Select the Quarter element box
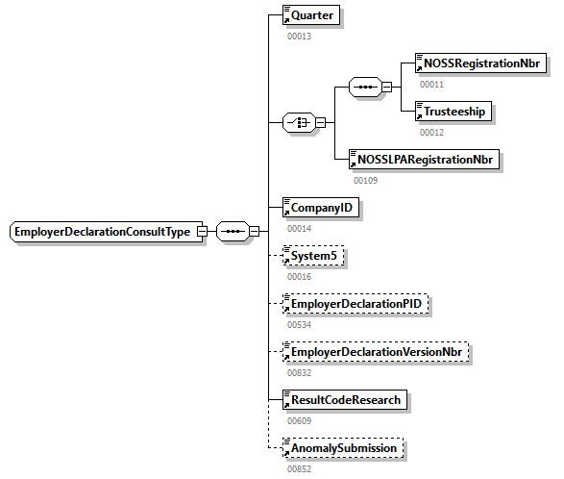click(310, 15)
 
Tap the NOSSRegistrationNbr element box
click(480, 64)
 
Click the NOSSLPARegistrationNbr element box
click(424, 159)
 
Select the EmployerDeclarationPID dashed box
click(355, 304)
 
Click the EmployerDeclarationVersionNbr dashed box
click(377, 352)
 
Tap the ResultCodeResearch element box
click(343, 399)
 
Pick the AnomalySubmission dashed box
click(343, 448)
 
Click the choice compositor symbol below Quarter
click(300, 122)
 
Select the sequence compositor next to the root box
click(233, 232)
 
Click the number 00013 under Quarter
click(299, 37)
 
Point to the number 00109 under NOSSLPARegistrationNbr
click(365, 180)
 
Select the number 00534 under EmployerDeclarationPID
click(299, 324)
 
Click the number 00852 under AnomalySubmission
click(299, 468)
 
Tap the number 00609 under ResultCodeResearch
click(299, 420)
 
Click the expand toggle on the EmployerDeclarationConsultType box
click(202, 232)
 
